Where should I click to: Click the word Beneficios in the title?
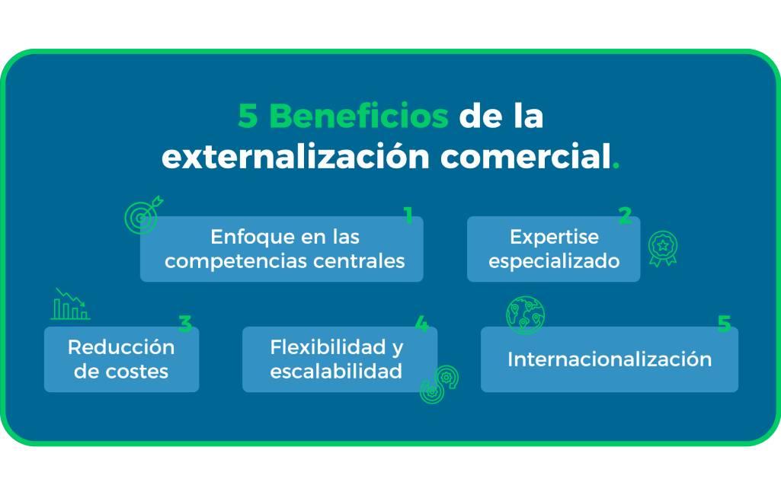359,116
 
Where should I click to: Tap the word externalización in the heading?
296,156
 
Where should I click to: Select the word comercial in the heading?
526,156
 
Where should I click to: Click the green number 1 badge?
408,215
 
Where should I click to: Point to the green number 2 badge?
626,215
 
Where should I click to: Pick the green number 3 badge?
185,324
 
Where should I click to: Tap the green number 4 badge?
422,324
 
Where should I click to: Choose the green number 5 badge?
724,324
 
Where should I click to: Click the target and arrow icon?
143,215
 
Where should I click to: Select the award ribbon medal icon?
663,248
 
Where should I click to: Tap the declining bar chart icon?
70,304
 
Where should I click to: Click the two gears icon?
439,384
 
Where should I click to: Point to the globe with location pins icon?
526,315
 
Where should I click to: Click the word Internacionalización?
610,359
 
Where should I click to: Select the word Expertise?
555,237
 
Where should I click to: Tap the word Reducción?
121,347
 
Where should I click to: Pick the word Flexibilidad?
328,347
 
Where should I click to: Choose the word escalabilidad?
336,371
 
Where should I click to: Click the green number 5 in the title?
248,116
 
